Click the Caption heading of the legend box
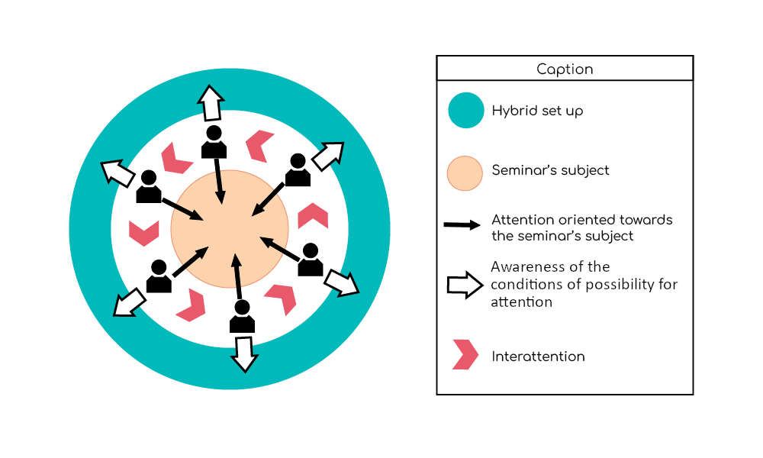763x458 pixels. point(565,69)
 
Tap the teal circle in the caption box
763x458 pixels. point(465,111)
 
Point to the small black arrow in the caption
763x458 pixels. point(462,226)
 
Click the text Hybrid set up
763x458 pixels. point(537,111)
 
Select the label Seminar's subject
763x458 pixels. point(550,170)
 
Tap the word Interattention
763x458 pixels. point(538,356)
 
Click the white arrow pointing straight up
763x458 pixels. point(211,102)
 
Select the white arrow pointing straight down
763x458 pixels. point(244,353)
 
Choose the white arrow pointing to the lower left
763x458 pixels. point(129,302)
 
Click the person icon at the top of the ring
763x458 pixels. point(214,142)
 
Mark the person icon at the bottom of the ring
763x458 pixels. point(242,316)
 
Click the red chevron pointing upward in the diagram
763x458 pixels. point(313,216)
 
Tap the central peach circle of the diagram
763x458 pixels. point(230,229)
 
